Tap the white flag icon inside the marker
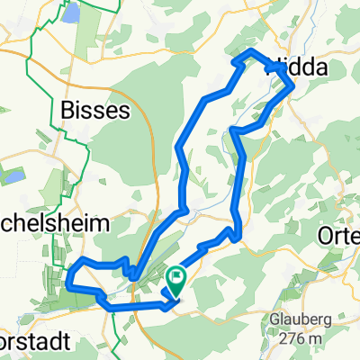(177, 277)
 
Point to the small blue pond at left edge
(10, 175)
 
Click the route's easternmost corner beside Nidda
(293, 88)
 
